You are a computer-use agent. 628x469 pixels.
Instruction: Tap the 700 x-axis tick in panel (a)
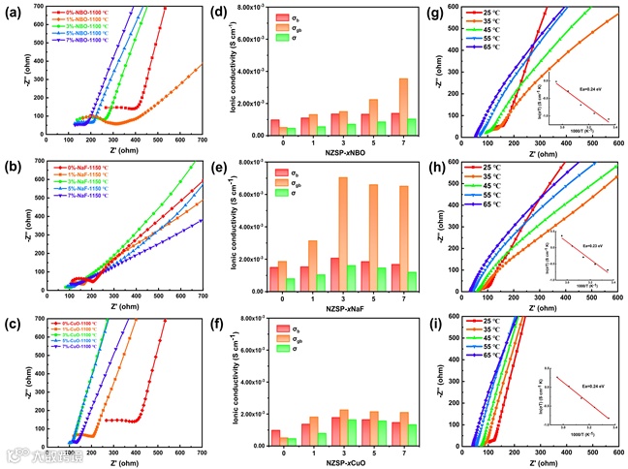point(202,146)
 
